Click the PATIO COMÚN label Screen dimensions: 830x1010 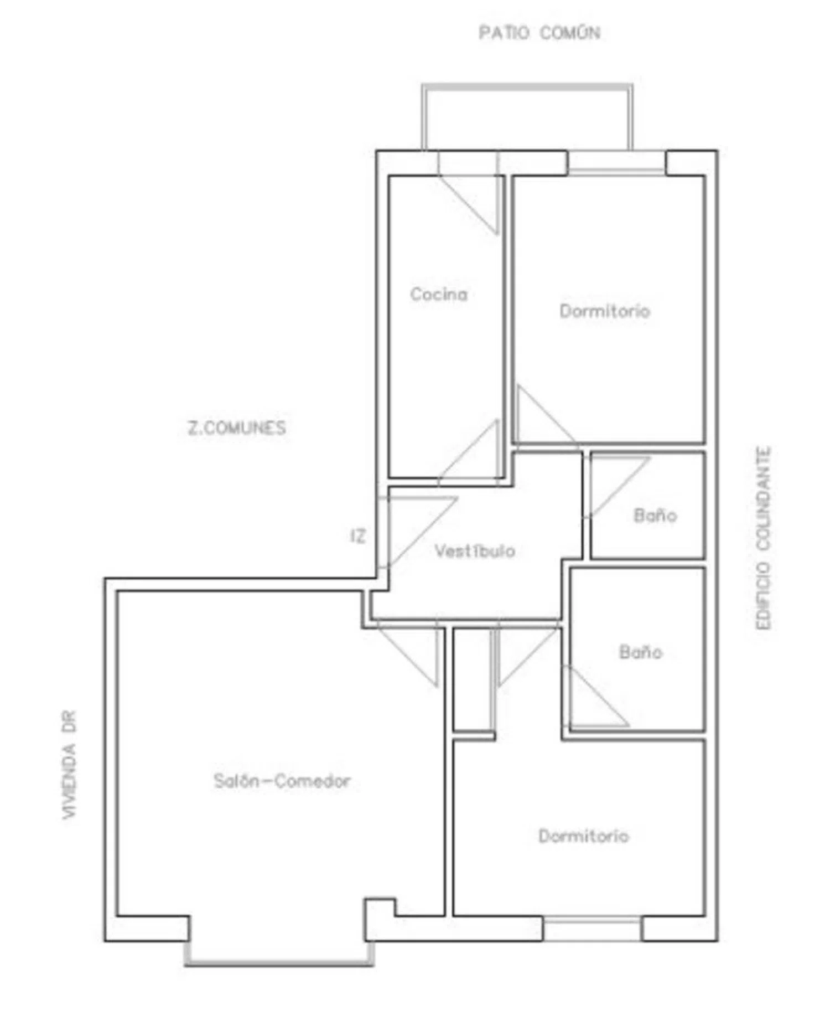pos(539,33)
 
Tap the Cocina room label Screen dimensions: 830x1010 pos(439,294)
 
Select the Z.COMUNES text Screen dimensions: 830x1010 pos(237,428)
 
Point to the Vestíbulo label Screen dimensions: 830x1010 pos(475,551)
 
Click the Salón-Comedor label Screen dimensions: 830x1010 pos(282,781)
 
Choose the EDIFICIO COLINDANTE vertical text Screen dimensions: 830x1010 pos(764,538)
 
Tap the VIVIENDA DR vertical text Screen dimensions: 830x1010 pos(70,765)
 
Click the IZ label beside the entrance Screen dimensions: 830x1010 pos(359,536)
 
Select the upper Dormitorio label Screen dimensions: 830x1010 pos(605,311)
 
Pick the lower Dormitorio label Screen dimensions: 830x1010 pos(584,836)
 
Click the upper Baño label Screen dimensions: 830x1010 pos(655,516)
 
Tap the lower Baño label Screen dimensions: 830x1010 pos(640,652)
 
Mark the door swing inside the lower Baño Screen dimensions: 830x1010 pos(596,697)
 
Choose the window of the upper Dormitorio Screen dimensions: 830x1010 pos(617,163)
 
